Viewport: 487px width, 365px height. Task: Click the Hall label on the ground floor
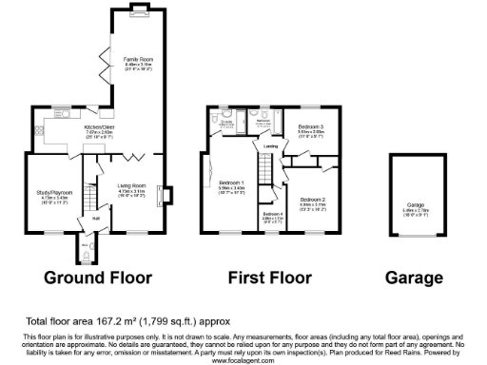[96, 218]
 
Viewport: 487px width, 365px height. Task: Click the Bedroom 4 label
[272, 214]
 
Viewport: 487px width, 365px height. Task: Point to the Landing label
[271, 146]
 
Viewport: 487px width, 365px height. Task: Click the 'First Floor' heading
[270, 278]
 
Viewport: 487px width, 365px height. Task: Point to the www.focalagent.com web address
[243, 360]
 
